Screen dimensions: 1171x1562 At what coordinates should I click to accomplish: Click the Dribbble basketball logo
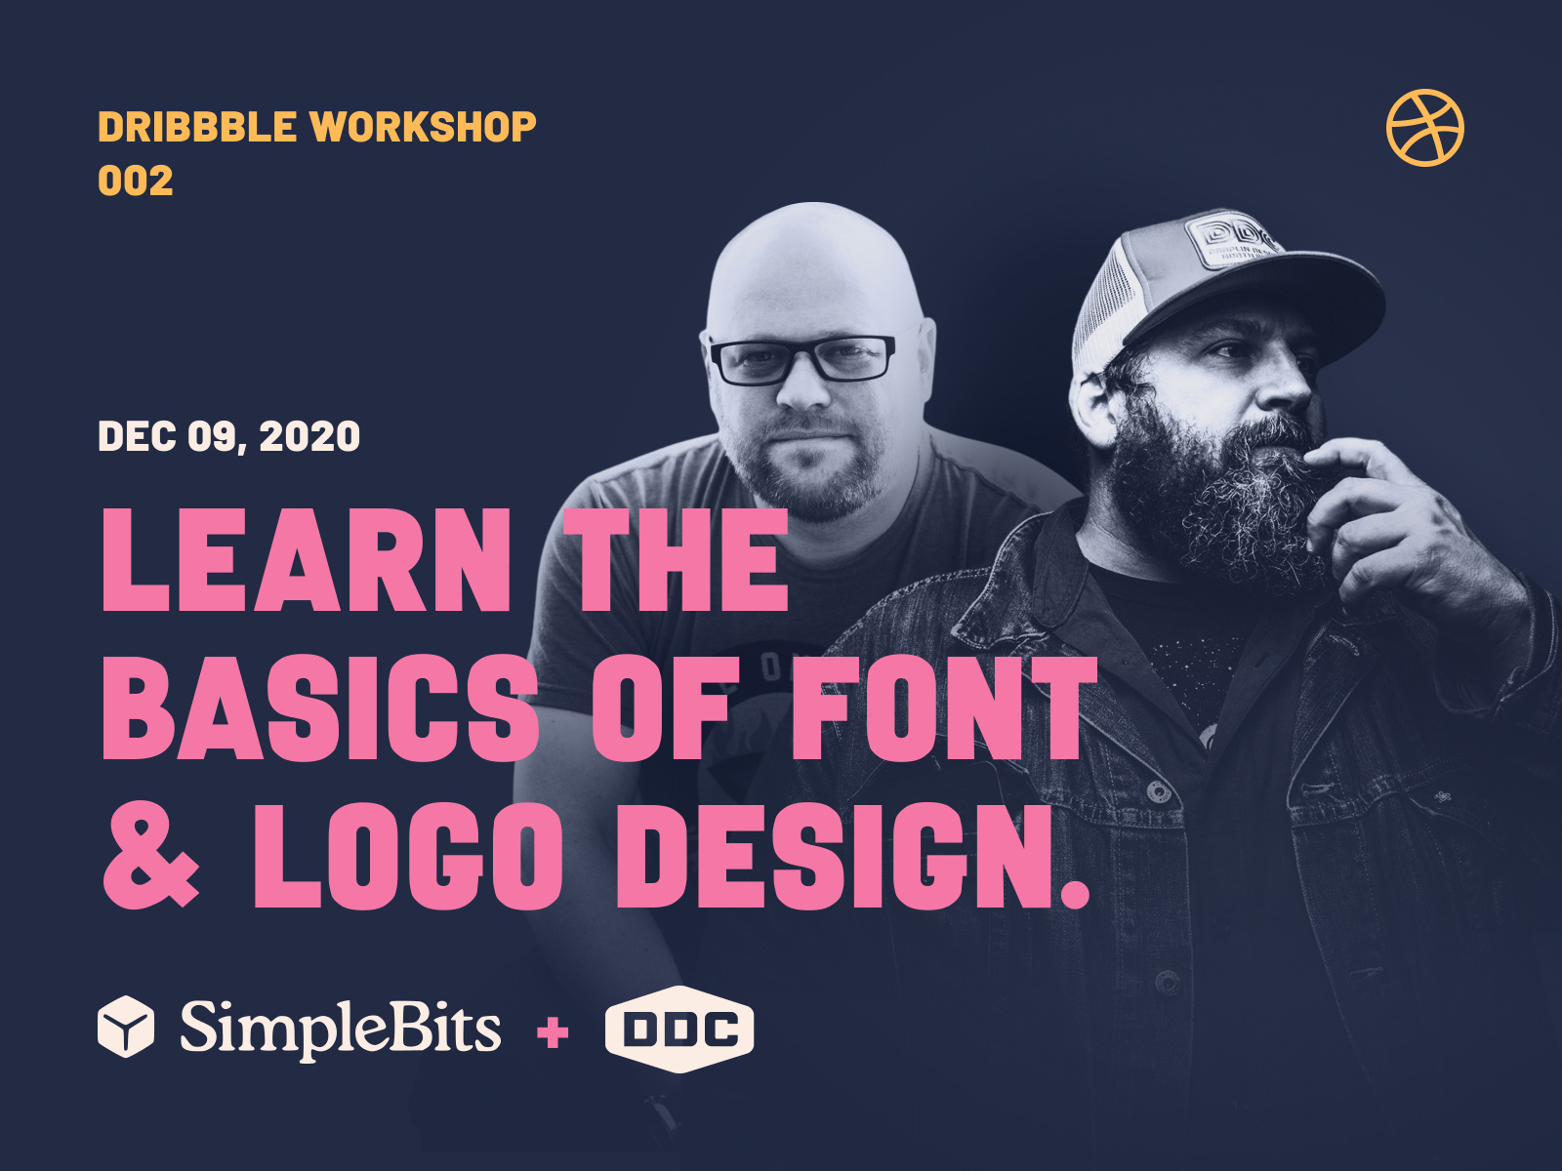click(1424, 128)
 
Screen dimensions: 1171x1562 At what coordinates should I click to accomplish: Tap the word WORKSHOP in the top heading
click(423, 127)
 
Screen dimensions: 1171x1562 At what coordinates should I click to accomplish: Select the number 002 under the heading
click(136, 182)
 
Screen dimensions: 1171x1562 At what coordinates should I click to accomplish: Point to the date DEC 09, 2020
click(229, 436)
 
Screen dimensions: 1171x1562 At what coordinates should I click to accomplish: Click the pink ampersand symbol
click(151, 856)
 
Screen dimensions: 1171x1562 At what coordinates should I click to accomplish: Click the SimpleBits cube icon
click(126, 1027)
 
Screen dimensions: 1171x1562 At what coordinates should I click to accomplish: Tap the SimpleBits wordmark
click(340, 1029)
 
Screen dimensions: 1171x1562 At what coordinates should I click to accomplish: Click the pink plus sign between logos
click(553, 1031)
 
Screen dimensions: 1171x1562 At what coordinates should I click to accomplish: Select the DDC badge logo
click(679, 1030)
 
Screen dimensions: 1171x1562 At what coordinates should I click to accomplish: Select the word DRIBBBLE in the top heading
click(197, 127)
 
